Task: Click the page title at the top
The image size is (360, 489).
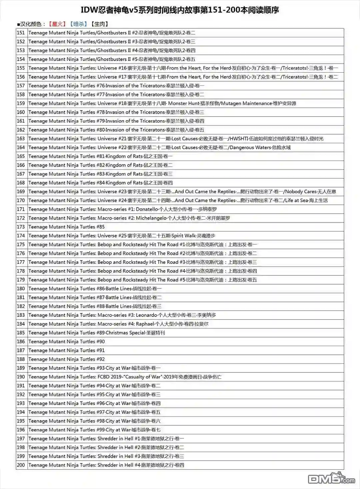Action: pos(180,10)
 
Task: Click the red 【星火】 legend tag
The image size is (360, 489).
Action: pos(57,24)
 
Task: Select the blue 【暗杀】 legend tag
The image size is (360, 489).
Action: pos(78,24)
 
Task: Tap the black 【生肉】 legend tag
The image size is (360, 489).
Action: pos(100,24)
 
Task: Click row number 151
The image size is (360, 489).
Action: pos(21,33)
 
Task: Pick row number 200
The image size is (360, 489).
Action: pos(21,465)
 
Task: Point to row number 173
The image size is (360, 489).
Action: pos(21,227)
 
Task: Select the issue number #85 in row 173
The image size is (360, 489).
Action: pos(101,227)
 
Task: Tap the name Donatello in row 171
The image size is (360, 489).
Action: pos(147,209)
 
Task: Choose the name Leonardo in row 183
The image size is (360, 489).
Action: pos(146,315)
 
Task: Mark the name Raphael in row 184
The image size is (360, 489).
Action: pos(145,324)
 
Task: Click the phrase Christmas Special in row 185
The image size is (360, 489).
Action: pos(126,333)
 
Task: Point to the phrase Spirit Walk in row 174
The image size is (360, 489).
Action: pos(184,236)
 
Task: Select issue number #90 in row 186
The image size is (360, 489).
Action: pos(101,341)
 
